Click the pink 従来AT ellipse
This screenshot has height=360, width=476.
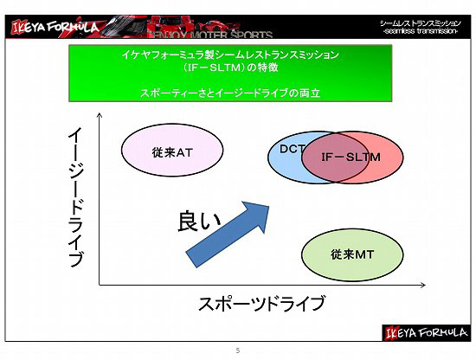point(172,150)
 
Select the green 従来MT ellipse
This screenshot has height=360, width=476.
point(352,254)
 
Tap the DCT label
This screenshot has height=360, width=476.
point(292,149)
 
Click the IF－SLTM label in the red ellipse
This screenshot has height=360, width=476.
point(351,157)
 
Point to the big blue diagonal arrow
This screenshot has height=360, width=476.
point(228,234)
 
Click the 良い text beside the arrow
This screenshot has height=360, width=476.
point(199,222)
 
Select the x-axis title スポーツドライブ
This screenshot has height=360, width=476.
point(261,303)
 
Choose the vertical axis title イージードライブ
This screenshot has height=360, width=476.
point(75,197)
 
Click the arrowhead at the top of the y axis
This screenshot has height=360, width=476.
point(100,115)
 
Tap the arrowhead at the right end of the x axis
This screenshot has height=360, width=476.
point(423,285)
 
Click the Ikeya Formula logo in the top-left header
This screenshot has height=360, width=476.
point(55,28)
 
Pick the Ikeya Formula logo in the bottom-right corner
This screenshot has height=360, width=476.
point(426,333)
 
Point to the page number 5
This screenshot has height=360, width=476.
point(238,350)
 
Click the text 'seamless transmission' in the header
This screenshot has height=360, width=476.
point(421,31)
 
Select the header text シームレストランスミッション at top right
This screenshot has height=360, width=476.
point(421,23)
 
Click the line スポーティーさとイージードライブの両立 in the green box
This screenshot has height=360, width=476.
point(230,93)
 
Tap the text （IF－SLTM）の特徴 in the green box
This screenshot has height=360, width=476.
point(230,67)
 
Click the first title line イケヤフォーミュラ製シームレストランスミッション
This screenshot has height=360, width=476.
point(230,55)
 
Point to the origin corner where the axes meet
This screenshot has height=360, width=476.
point(100,285)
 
